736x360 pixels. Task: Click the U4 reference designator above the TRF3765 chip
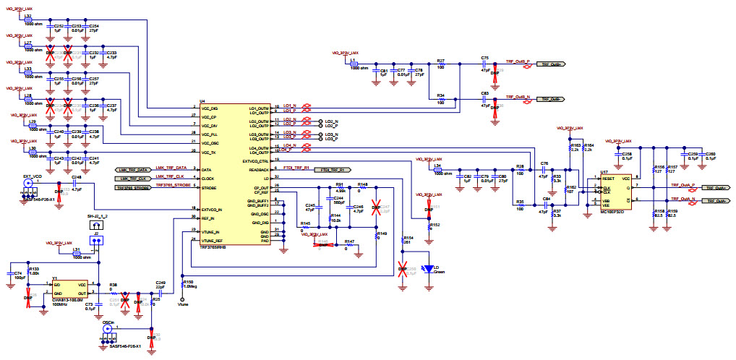pos(202,102)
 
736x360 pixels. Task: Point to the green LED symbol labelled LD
pos(430,268)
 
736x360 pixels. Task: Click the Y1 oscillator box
pos(71,289)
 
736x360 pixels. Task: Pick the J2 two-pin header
pos(96,242)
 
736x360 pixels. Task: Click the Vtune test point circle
pos(180,299)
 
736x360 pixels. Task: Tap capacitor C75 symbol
pos(484,64)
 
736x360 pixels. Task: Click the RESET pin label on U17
pos(608,177)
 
